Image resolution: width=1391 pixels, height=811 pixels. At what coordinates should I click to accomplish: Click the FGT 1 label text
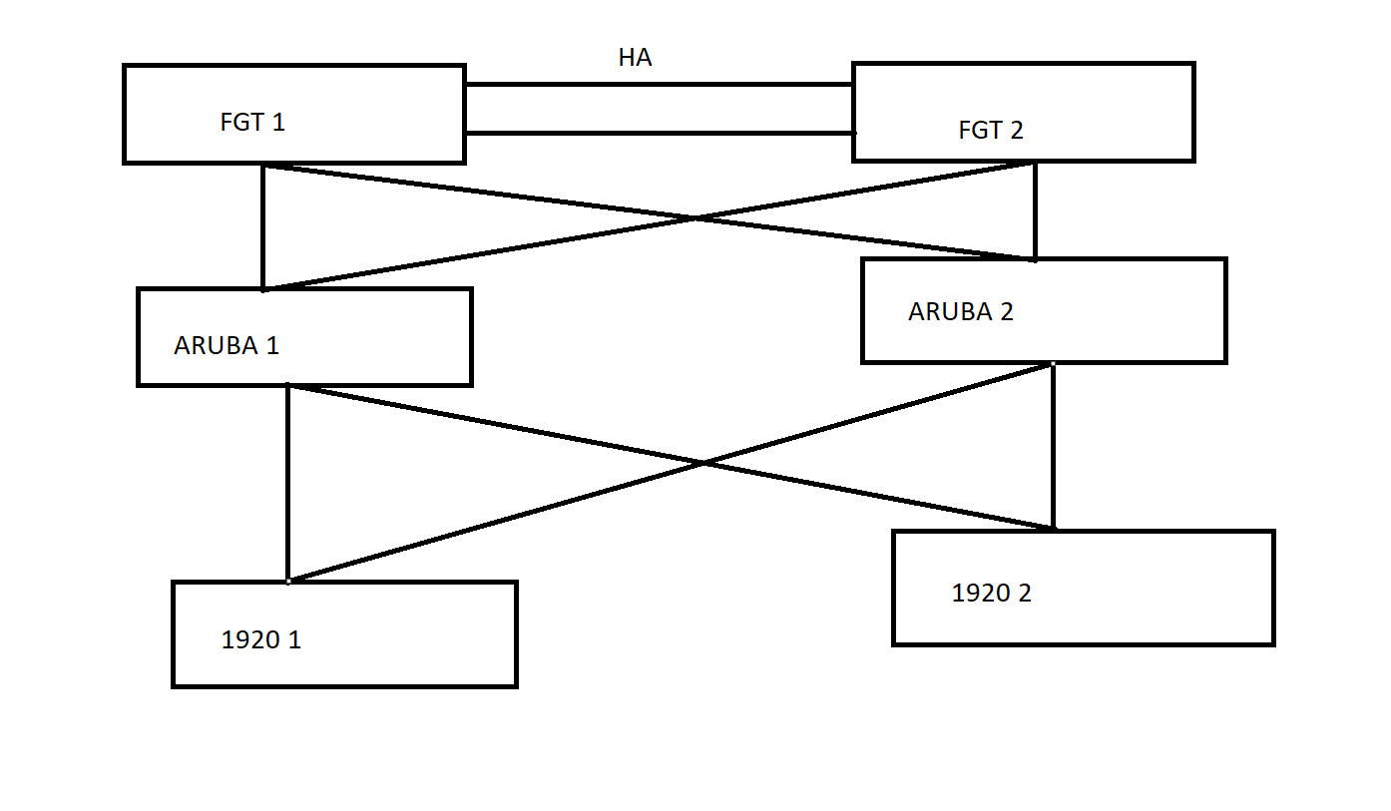[252, 123]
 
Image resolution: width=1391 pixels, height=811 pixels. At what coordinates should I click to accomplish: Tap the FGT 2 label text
[990, 131]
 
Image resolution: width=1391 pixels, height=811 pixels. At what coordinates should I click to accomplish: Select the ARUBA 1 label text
[227, 346]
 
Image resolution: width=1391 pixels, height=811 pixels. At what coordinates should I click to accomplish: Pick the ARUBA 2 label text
[960, 312]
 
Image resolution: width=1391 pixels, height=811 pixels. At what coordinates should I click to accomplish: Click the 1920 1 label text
[260, 640]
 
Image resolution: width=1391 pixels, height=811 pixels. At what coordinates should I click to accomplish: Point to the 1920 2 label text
[991, 594]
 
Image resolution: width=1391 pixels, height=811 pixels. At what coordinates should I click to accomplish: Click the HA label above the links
[635, 58]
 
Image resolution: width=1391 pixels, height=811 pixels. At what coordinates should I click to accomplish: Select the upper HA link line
[659, 86]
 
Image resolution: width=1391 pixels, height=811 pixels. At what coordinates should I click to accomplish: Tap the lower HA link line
[659, 133]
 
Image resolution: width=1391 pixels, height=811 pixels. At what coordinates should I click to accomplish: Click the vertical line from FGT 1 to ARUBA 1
[262, 227]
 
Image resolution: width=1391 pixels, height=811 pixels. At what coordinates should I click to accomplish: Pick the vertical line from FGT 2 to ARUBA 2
[1035, 209]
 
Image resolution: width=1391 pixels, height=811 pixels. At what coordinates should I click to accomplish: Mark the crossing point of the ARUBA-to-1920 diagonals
[704, 463]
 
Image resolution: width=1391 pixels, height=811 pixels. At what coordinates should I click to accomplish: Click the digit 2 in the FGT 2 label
[1016, 131]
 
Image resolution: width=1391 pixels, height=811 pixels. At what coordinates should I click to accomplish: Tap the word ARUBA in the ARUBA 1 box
[214, 346]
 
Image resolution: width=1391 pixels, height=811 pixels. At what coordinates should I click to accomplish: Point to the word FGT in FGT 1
[240, 123]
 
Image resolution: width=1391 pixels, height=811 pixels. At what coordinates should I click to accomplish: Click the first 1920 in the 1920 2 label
[978, 594]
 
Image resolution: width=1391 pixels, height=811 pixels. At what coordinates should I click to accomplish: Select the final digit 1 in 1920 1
[294, 640]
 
